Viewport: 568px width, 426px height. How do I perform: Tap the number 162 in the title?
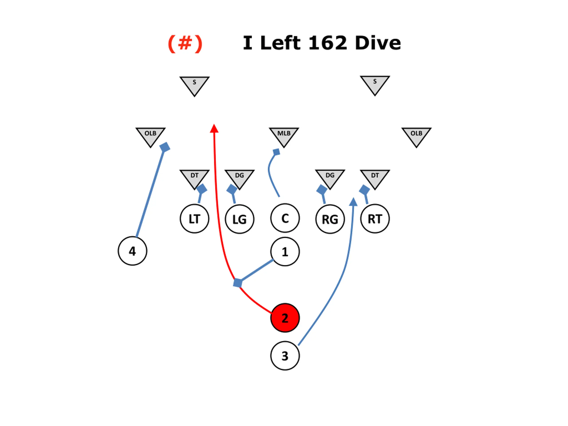328,43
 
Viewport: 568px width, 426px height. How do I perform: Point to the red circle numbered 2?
285,318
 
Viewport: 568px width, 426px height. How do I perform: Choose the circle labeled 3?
285,356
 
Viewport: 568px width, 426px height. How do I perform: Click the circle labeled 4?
132,251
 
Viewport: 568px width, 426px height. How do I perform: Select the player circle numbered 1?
285,252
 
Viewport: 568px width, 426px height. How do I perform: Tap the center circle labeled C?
285,218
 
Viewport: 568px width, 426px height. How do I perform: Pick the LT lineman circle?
194,219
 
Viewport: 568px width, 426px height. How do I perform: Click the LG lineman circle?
240,219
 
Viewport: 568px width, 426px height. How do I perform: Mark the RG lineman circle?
330,219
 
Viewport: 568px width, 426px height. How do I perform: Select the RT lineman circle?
375,219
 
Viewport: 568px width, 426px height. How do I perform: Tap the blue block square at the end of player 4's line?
165,147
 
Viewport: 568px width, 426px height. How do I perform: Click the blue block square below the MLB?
276,152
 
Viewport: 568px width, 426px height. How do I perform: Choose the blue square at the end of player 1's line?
238,283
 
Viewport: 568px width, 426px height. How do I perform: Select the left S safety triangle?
194,85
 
